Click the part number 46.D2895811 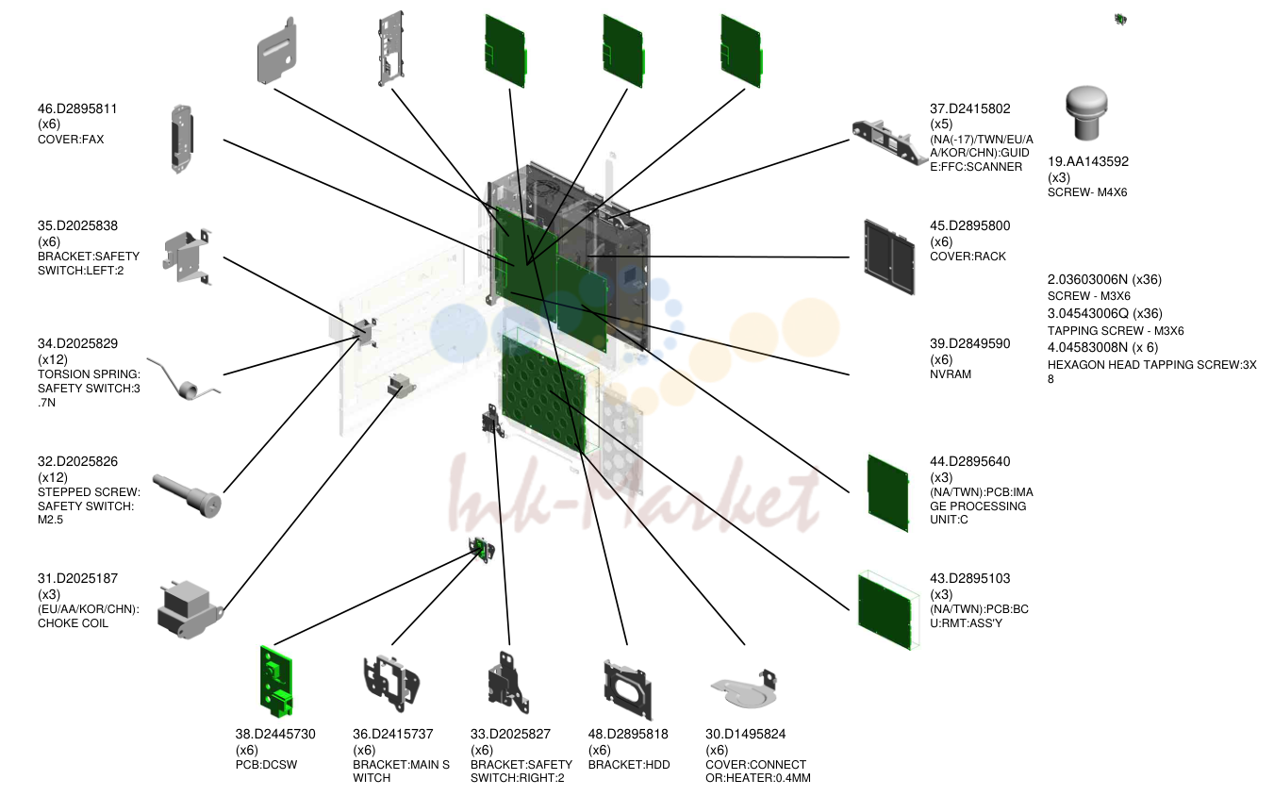[77, 108]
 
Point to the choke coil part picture [190, 610]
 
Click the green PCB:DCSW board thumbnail [276, 681]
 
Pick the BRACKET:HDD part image [628, 689]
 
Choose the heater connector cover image [744, 689]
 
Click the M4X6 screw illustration [1086, 112]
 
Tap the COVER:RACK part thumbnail [889, 257]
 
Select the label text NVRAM [951, 374]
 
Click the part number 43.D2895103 [969, 579]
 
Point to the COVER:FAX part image [182, 139]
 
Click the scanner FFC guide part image [888, 141]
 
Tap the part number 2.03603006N [1087, 279]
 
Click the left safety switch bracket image [187, 257]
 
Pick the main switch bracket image [391, 684]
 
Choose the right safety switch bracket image [508, 684]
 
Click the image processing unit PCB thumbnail [887, 493]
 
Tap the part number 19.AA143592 [1088, 161]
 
